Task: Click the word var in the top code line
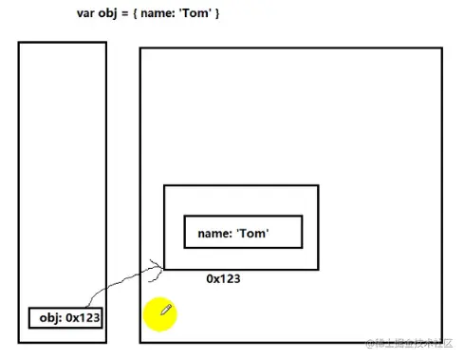pyautogui.click(x=85, y=14)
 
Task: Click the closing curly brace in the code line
pyautogui.click(x=217, y=14)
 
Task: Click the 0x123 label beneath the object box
pyautogui.click(x=225, y=280)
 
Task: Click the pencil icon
pyautogui.click(x=165, y=310)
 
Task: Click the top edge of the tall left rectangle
pyautogui.click(x=62, y=43)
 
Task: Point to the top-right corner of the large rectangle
pyautogui.click(x=441, y=48)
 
